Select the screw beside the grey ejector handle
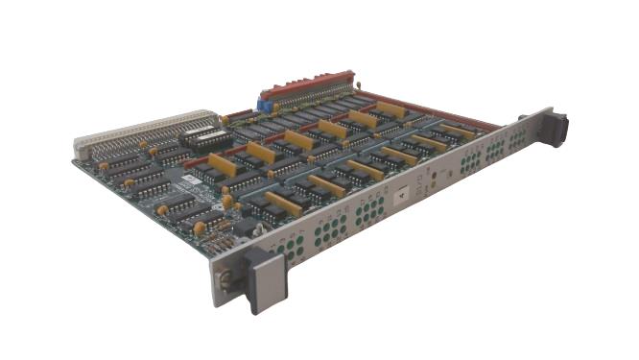[225, 277]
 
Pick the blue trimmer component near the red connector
[263, 98]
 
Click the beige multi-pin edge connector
[144, 132]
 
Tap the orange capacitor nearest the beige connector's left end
[144, 144]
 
